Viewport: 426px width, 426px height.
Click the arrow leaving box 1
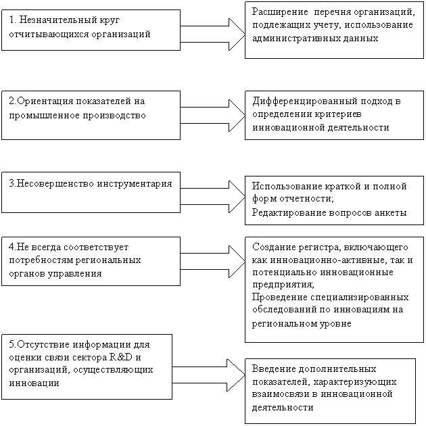pyautogui.click(x=213, y=34)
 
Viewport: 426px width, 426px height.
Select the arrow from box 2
pyautogui.click(x=213, y=116)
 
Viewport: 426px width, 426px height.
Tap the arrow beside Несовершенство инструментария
pyautogui.click(x=213, y=196)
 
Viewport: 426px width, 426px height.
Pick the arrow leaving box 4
pyautogui.click(x=213, y=262)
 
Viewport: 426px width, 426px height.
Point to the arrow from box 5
pyautogui.click(x=209, y=375)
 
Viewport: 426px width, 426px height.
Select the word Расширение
pyautogui.click(x=280, y=12)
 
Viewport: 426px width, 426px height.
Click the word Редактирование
pyautogui.click(x=289, y=212)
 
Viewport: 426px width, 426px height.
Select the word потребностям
pyautogui.click(x=41, y=260)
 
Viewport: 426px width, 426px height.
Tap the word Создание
pyautogui.click(x=274, y=247)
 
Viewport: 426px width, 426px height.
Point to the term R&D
pyautogui.click(x=121, y=357)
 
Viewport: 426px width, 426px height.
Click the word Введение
pyautogui.click(x=274, y=369)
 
